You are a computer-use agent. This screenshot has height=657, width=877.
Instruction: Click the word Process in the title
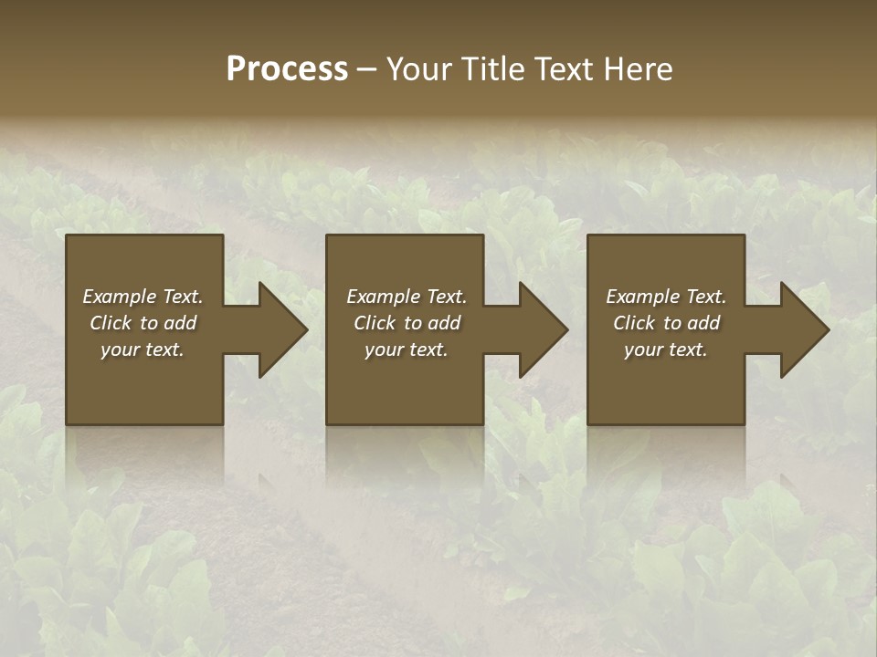(287, 69)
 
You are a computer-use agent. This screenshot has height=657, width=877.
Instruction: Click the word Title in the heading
(491, 69)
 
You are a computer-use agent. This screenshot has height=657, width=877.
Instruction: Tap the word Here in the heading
(638, 69)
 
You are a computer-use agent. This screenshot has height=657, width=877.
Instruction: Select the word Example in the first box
(120, 297)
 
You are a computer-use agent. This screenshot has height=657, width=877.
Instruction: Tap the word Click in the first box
(111, 323)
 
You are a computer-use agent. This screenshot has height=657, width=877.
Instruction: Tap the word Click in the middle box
(375, 323)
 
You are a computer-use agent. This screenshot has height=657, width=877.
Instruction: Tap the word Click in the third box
(634, 323)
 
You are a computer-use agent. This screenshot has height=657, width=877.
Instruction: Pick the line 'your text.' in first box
(143, 349)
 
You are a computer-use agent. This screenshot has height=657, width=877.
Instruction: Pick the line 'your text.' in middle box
(406, 349)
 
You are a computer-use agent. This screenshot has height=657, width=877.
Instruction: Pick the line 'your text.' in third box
(666, 349)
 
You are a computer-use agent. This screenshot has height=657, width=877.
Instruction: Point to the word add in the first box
(181, 323)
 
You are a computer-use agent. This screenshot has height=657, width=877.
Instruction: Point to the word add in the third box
(704, 323)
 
